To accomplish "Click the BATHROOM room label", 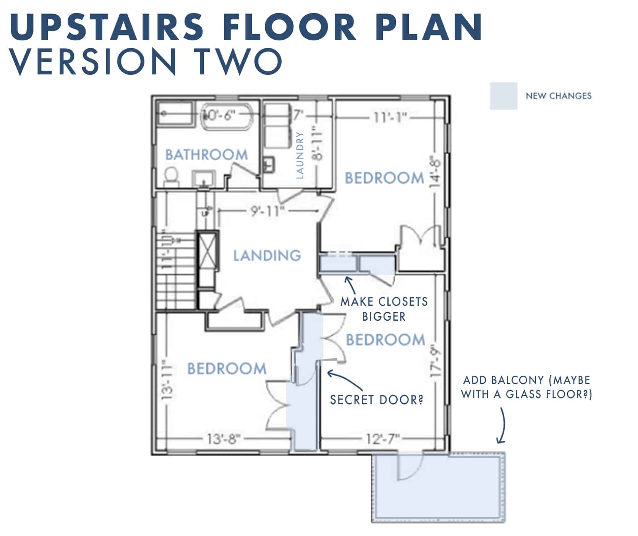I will (206, 155).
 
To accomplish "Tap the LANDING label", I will (267, 256).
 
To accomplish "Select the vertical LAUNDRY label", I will (300, 155).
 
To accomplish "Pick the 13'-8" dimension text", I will (224, 439).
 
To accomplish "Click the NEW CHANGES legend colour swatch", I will (504, 96).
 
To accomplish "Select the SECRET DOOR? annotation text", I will (377, 400).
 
